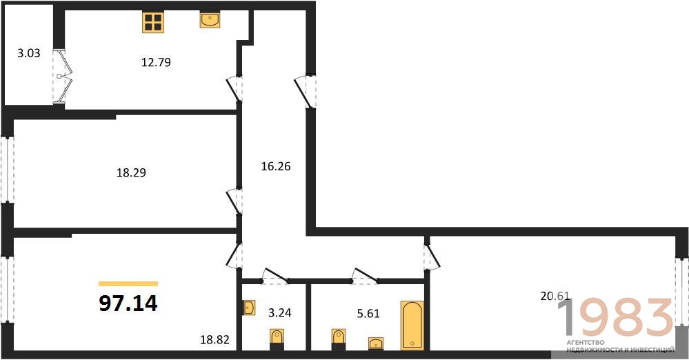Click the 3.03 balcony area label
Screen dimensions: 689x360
(x=28, y=54)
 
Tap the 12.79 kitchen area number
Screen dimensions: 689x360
(x=156, y=63)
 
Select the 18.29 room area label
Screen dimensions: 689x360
(x=131, y=172)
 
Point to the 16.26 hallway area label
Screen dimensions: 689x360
(x=276, y=167)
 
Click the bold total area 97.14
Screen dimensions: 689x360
(x=128, y=303)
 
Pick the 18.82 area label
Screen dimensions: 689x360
(x=215, y=339)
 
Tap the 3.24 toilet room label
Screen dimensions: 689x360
(x=280, y=313)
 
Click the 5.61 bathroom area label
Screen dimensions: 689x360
(x=368, y=314)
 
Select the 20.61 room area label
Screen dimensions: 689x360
(x=555, y=297)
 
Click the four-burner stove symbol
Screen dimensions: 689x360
(x=153, y=22)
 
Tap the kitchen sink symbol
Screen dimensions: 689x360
(x=210, y=20)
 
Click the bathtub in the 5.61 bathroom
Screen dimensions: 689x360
(x=412, y=326)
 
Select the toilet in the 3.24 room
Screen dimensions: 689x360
(x=277, y=339)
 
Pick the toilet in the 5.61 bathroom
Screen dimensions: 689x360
(x=338, y=339)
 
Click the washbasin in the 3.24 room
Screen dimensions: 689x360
(x=250, y=308)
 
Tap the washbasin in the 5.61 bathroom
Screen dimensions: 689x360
(x=376, y=343)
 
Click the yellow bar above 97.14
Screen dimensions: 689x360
(x=128, y=284)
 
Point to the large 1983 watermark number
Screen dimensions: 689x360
(x=615, y=317)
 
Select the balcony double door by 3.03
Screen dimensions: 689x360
(x=62, y=77)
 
